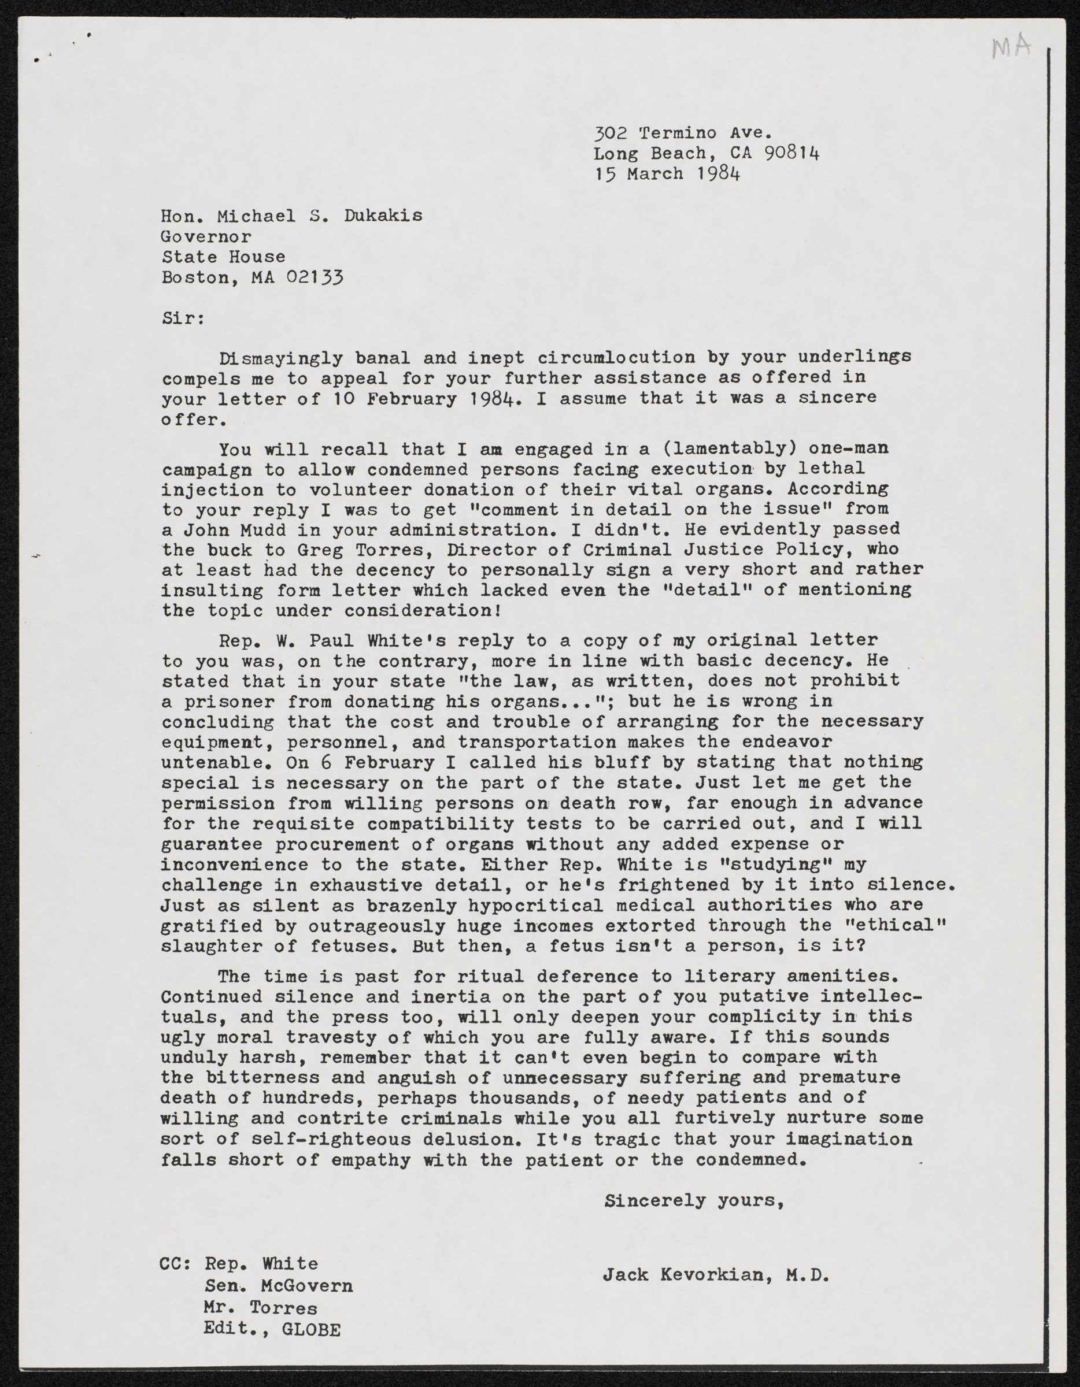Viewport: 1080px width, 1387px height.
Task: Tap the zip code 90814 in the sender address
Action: (792, 153)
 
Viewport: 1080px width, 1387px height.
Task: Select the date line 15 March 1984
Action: (667, 173)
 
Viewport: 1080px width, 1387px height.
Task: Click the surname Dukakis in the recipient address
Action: (383, 216)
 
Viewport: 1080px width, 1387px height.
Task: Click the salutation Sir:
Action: (182, 318)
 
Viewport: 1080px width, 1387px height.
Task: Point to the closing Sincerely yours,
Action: (693, 1200)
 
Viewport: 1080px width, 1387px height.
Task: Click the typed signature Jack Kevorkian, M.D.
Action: (716, 1256)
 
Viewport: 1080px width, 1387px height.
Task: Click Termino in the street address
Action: (678, 133)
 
